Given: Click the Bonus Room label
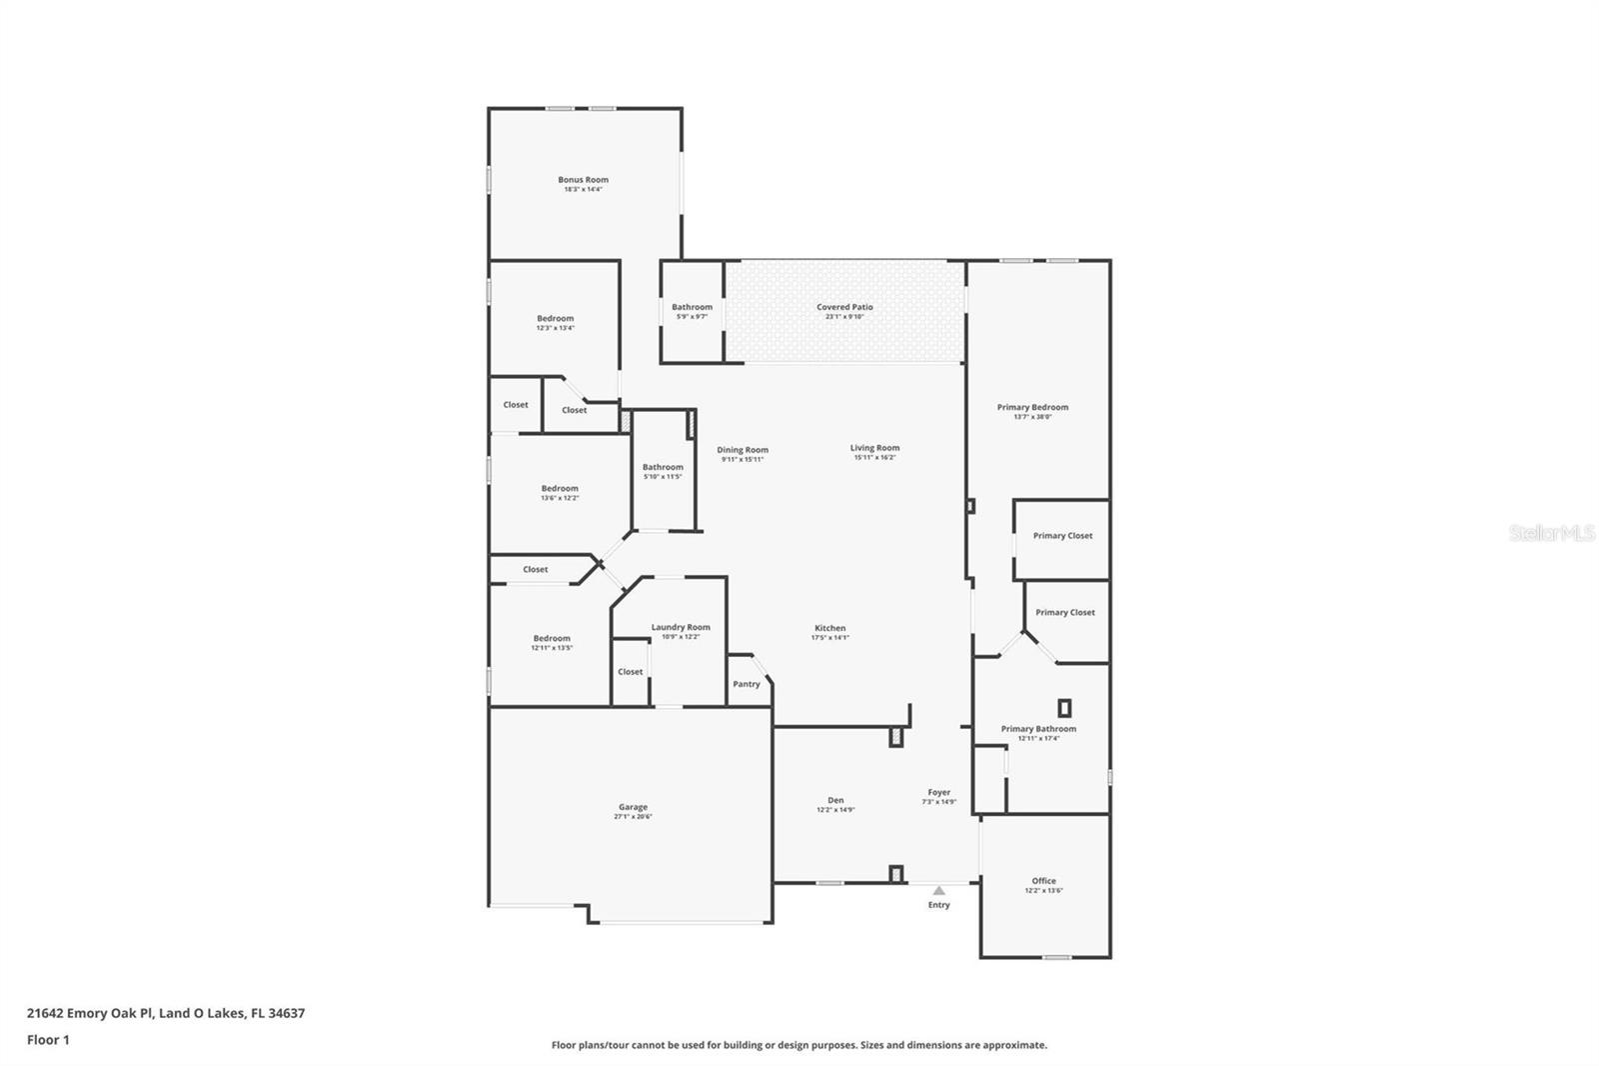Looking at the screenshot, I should click(x=583, y=180).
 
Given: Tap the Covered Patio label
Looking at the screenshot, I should click(x=844, y=307).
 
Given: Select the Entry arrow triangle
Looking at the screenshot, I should click(x=938, y=890).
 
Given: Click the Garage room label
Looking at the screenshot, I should click(x=633, y=807).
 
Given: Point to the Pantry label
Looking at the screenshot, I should click(x=746, y=684).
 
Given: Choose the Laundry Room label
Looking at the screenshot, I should click(x=681, y=627).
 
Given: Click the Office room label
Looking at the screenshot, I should click(x=1043, y=881).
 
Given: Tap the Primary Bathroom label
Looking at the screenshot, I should click(x=1038, y=729).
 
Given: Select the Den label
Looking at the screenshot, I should click(x=835, y=800).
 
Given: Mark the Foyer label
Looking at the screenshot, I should click(x=938, y=792).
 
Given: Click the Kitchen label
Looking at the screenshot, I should click(x=829, y=628).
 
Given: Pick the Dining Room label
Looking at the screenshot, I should click(x=743, y=450).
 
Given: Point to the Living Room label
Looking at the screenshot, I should click(x=874, y=448).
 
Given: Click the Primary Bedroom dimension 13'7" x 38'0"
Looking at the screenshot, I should click(x=1032, y=417).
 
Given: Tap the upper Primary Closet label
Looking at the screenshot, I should click(x=1062, y=536).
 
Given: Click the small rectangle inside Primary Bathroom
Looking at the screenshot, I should click(x=1064, y=708).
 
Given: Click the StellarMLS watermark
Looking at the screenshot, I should click(x=1551, y=534).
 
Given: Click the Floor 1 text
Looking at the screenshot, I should click(x=48, y=1040).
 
